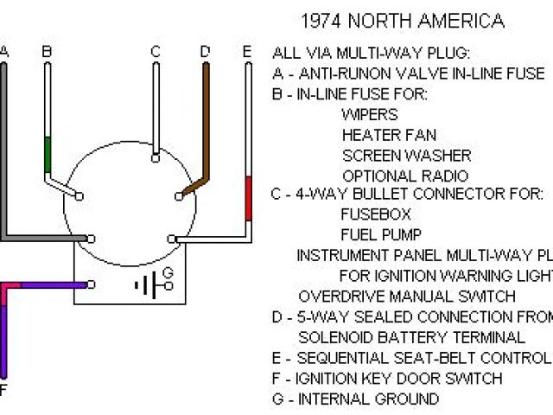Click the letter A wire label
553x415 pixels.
pyautogui.click(x=4, y=52)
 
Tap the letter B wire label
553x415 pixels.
pyautogui.click(x=47, y=52)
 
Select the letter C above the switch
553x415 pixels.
pyautogui.click(x=156, y=52)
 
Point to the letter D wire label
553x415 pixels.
pyautogui.click(x=205, y=52)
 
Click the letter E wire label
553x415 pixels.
pyautogui.click(x=247, y=52)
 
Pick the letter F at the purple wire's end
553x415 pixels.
pyautogui.click(x=3, y=390)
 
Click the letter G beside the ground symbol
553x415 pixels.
pyautogui.click(x=168, y=274)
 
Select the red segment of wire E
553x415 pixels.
pyautogui.click(x=248, y=198)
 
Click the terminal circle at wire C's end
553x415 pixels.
pyautogui.click(x=154, y=157)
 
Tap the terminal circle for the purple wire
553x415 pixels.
pyautogui.click(x=92, y=284)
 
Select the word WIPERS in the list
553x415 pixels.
pyautogui.click(x=370, y=114)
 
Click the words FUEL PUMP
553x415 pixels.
pyautogui.click(x=382, y=234)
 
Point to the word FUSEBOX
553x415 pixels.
pyautogui.click(x=376, y=214)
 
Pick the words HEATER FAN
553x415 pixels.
pyautogui.click(x=389, y=135)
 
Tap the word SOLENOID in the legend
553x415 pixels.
pyautogui.click(x=336, y=338)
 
